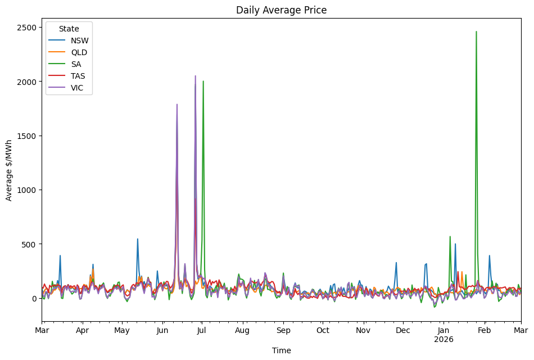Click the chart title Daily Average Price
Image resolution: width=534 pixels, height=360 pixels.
pos(281,10)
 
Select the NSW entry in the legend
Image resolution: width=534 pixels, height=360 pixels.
pos(79,40)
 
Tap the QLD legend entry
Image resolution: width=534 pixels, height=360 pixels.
pos(79,52)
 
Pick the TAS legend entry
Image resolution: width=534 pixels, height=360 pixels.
pos(78,76)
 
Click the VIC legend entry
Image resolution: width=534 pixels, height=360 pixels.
pos(78,88)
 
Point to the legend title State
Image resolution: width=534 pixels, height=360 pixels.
pos(69,29)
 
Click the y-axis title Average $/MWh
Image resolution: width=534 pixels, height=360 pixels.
pos(9,170)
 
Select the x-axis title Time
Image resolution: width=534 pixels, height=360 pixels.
pos(281,350)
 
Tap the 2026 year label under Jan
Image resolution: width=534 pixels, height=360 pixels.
pos(444,339)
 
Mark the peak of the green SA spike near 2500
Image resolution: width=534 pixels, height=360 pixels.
pos(476,31)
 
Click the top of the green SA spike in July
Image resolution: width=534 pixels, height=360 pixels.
pos(203,81)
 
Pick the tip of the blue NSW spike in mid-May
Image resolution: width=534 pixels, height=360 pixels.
pos(137,239)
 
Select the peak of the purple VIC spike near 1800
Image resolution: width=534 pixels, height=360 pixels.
pos(177,104)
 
